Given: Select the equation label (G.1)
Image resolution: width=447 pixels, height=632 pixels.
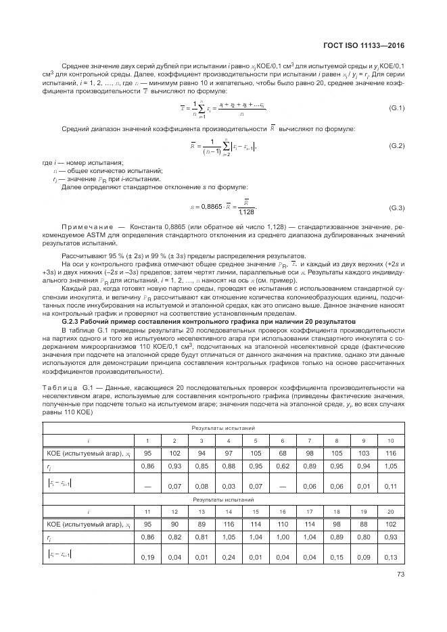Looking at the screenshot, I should (x=396, y=108).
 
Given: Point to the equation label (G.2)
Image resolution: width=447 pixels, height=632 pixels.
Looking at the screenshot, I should (x=396, y=146).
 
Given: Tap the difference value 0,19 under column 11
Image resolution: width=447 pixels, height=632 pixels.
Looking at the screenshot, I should (x=147, y=558).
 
